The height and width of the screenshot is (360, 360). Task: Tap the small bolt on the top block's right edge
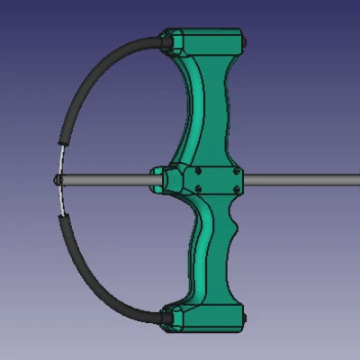click(x=246, y=40)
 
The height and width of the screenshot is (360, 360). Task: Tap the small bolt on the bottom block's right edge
click(x=246, y=317)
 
